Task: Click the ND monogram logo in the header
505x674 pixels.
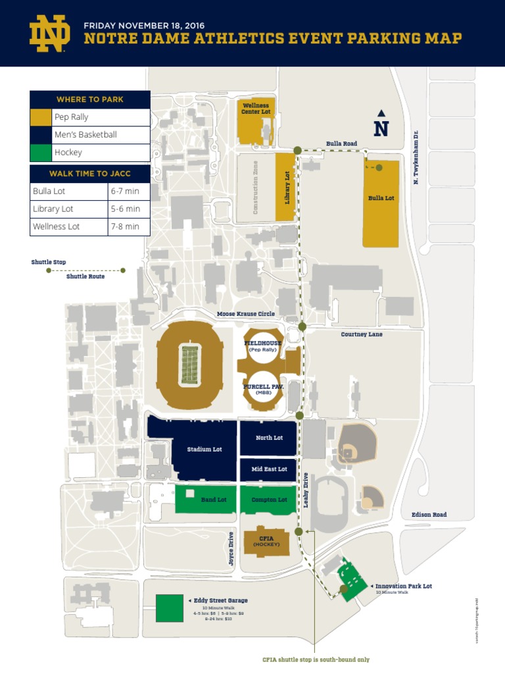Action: coord(49,34)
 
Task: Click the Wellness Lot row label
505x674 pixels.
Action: coord(56,226)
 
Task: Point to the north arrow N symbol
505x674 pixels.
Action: coord(381,126)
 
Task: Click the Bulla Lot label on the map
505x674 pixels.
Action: coord(381,198)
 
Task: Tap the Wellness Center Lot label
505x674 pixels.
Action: coord(256,109)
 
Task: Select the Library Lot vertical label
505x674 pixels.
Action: coord(287,188)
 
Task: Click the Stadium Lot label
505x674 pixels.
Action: coord(204,450)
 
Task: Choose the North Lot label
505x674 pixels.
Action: coord(269,438)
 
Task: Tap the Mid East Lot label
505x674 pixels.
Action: coord(269,469)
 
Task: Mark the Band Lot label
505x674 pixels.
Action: coord(213,500)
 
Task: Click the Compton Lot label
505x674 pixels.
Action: coord(269,500)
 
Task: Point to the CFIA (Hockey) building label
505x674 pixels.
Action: coord(267,541)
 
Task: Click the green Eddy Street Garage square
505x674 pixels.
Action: coord(170,608)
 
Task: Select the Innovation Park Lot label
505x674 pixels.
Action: coord(403,586)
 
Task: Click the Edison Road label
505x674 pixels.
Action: coord(429,515)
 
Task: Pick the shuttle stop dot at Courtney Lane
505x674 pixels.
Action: coord(302,326)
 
